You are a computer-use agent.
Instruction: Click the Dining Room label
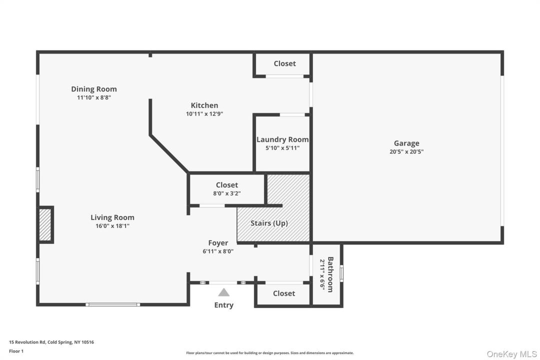94,89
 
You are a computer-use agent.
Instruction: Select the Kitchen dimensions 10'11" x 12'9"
204,113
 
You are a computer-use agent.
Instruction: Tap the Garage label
406,143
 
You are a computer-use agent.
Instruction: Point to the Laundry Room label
282,139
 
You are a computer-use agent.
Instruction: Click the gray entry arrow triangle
224,292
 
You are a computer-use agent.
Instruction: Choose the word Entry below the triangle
224,305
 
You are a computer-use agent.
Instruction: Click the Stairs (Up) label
269,223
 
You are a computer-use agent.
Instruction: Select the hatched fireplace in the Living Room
45,224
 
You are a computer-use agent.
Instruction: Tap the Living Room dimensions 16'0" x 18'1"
112,226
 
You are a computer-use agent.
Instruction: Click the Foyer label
218,243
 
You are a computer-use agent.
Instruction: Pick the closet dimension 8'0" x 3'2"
227,193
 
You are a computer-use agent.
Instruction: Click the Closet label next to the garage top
285,63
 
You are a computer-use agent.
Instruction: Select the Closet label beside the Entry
284,293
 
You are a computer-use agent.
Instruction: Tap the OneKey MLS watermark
512,354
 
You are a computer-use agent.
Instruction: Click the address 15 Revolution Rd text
27,342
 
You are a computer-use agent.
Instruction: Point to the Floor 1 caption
16,351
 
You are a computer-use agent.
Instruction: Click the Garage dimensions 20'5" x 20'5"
406,151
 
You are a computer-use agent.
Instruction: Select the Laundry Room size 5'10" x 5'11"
282,148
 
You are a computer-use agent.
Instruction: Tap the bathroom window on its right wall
341,273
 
